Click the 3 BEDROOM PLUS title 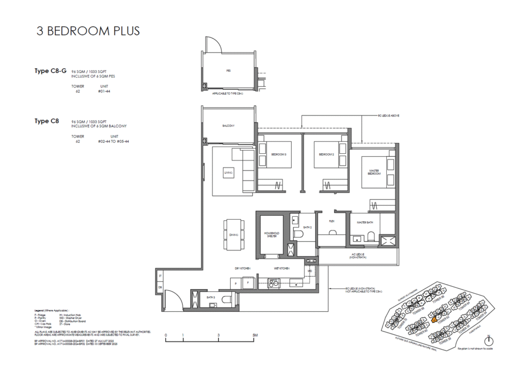[88, 31]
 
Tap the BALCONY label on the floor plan [228, 126]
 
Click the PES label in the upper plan [228, 71]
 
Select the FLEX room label [332, 221]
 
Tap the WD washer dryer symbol [309, 271]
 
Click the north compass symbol [489, 341]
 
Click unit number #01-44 [104, 92]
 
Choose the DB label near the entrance [160, 287]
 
